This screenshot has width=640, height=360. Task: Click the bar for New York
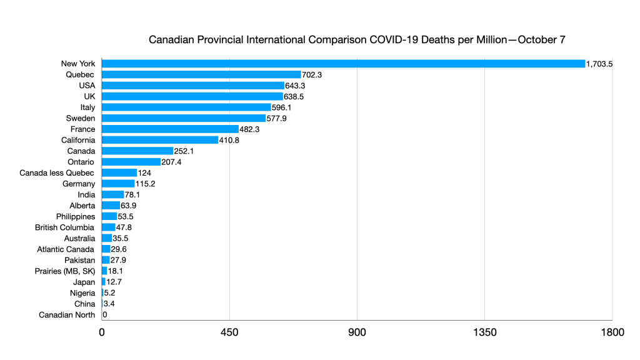(343, 63)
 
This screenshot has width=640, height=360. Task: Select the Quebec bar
(201, 74)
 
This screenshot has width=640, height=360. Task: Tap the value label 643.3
(297, 86)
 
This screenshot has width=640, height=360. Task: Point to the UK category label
(88, 96)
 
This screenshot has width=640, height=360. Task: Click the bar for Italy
(186, 107)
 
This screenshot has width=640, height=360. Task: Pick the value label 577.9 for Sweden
(277, 118)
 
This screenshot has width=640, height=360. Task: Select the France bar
(170, 129)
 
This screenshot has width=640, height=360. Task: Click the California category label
(78, 140)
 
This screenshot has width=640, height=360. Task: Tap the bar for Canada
(137, 151)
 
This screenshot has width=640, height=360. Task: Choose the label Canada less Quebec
(57, 173)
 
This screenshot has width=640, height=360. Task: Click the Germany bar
(118, 184)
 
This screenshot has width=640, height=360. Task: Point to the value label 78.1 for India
(134, 195)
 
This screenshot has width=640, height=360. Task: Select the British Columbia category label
(65, 227)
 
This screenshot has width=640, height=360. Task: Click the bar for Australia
(107, 239)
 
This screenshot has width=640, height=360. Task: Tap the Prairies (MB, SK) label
(65, 271)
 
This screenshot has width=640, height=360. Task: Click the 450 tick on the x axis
(229, 332)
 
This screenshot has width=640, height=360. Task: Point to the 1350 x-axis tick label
(484, 332)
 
